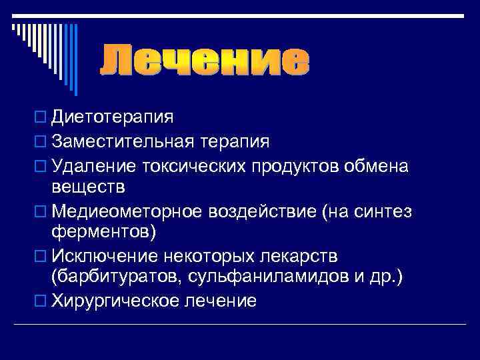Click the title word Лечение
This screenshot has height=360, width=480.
(x=205, y=61)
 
